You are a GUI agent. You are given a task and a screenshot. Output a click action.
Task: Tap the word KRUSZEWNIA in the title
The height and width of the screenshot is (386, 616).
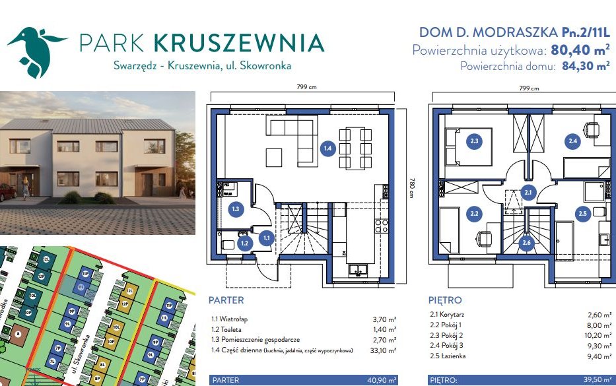pos(238,43)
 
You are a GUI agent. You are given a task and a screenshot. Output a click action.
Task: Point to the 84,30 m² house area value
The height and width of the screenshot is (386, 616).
pos(583,66)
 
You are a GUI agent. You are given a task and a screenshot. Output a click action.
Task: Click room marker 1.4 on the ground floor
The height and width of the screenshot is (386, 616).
pos(327,148)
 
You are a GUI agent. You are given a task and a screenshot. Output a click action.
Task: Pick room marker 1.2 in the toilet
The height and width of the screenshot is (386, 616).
pos(244,243)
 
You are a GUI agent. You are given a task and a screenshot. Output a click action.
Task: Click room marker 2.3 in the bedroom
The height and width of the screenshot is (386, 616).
pos(474,140)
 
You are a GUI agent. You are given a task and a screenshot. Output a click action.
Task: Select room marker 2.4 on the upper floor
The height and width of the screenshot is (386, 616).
pos(572,139)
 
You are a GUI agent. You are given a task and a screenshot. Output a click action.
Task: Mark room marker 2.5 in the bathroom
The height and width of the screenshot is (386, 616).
pos(582,213)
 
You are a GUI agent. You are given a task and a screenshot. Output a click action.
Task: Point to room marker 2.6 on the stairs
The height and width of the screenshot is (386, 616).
pos(526,243)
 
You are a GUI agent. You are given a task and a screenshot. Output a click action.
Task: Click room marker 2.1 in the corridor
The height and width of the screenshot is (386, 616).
pos(528,193)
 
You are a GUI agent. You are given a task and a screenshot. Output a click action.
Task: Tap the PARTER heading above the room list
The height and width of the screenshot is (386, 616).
pos(226,300)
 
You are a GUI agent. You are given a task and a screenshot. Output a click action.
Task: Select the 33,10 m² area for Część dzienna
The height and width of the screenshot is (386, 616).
pos(384,350)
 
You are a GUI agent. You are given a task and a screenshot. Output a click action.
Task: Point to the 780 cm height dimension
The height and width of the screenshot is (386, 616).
pos(411,187)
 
